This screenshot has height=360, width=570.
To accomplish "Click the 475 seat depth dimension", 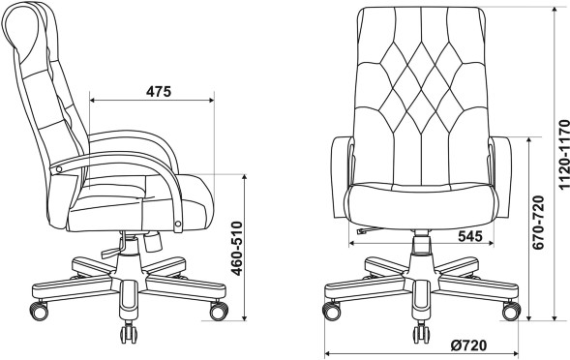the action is tap(159, 92).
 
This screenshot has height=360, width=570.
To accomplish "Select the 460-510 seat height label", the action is tap(237, 249).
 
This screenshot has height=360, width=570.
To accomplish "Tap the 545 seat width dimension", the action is tap(469, 236).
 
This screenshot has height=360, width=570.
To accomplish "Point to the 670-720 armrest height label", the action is tap(538, 223).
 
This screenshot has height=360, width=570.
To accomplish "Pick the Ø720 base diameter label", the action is tap(468, 345).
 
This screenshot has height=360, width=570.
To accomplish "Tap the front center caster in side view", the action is tap(129, 333).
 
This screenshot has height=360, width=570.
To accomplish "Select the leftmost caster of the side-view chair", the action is tap(39, 311).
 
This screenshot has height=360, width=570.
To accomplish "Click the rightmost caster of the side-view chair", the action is tap(219, 311).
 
